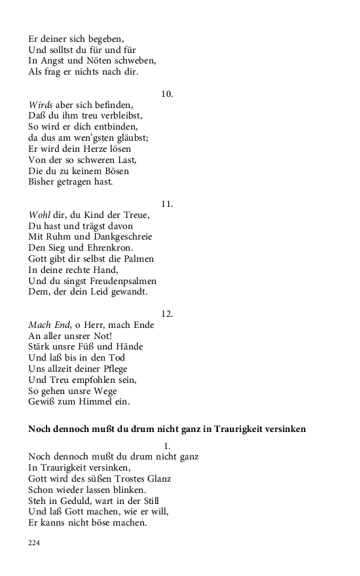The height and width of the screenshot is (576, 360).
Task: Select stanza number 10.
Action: pos(167,94)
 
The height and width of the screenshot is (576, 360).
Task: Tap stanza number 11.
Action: pos(167,204)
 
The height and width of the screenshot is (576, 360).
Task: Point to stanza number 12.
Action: pos(167,314)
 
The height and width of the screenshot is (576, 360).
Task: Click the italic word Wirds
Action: pos(40,105)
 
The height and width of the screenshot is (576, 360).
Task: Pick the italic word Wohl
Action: pos(39,215)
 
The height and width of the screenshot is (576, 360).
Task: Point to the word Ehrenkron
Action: pos(111,248)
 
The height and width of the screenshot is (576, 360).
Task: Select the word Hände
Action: pos(128,347)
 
